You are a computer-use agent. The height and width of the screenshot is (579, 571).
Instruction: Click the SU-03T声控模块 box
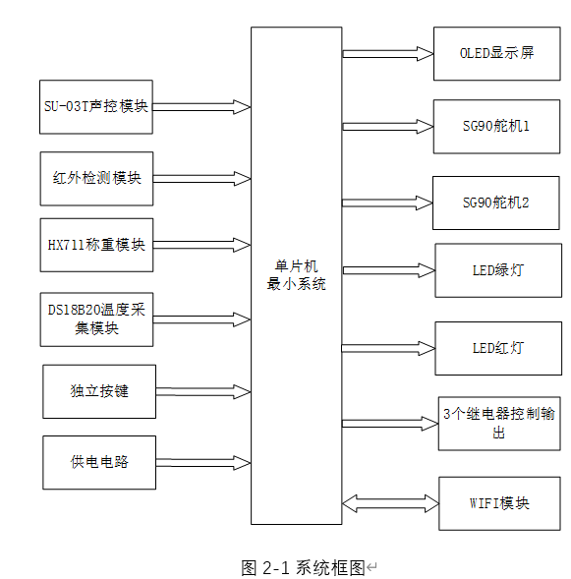96,106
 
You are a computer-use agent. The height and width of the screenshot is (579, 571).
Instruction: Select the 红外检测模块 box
96,178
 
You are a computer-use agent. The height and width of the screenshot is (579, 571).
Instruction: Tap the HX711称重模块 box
96,245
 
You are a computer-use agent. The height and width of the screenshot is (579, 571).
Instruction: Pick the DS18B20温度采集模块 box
96,319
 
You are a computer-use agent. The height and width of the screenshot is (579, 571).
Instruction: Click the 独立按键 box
99,391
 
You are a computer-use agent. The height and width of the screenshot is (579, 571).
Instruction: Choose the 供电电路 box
99,462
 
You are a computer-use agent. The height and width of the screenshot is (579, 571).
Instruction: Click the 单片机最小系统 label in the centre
296,275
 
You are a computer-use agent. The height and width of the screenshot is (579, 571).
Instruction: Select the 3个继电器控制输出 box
498,423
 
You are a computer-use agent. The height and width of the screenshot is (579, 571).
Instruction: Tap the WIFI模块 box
499,503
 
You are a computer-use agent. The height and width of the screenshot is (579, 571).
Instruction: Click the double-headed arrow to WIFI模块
390,503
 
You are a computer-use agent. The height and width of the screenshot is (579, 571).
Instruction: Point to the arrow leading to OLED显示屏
387,53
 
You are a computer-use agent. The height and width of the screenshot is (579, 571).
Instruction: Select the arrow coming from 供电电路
202,462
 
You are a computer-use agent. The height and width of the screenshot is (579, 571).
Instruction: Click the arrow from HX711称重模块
201,245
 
